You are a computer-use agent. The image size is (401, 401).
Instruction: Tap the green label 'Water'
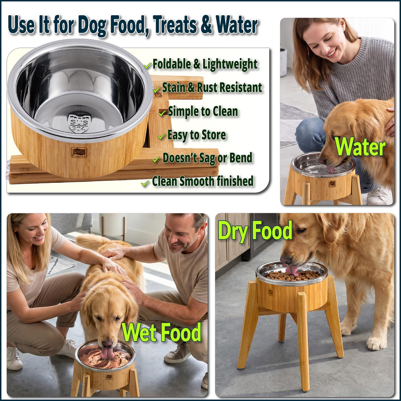click(x=360, y=146)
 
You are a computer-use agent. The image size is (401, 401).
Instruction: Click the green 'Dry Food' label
click(x=255, y=231)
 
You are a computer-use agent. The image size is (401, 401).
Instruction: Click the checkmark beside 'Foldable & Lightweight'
click(x=148, y=65)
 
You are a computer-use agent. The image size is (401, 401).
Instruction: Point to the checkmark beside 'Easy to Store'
click(x=161, y=136)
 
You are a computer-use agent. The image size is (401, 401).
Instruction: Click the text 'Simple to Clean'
click(x=203, y=111)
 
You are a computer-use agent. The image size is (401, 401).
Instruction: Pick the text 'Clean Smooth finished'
click(x=203, y=181)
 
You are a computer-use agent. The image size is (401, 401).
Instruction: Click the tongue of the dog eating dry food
click(x=292, y=270)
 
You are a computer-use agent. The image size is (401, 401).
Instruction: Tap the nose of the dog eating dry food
click(x=286, y=259)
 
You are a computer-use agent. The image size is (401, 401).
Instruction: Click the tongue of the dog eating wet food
click(x=107, y=353)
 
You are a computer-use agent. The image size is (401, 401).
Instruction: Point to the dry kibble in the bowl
click(x=292, y=275)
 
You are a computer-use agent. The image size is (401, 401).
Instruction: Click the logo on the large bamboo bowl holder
click(x=79, y=152)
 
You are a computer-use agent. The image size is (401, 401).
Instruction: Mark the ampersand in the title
click(x=206, y=25)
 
